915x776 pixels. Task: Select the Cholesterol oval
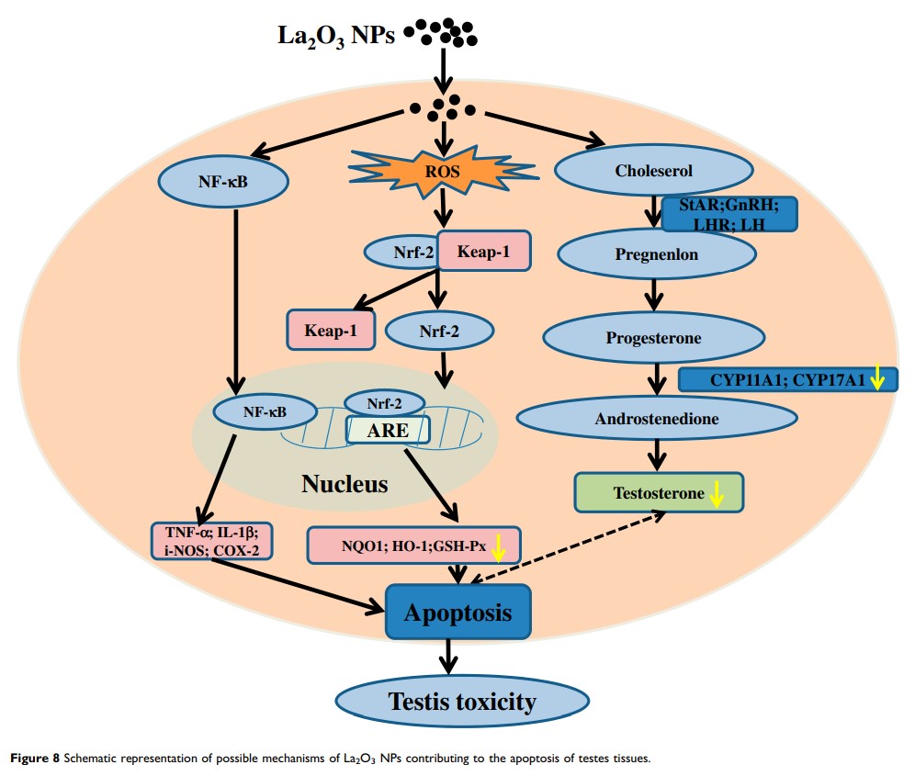pyautogui.click(x=655, y=170)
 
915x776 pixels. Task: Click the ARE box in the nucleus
pyautogui.click(x=389, y=429)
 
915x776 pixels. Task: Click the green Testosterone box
pyautogui.click(x=658, y=493)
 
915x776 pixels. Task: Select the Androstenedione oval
pyautogui.click(x=657, y=418)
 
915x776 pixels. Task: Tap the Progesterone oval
pyautogui.click(x=653, y=338)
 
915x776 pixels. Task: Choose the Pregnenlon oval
pyautogui.click(x=654, y=255)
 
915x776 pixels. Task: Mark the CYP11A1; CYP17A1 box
pyautogui.click(x=786, y=378)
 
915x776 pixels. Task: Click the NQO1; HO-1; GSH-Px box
pyautogui.click(x=414, y=545)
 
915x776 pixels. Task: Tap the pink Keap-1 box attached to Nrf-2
pyautogui.click(x=483, y=250)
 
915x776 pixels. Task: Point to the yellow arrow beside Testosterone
pyautogui.click(x=717, y=495)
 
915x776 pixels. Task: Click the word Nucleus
pyautogui.click(x=345, y=483)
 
